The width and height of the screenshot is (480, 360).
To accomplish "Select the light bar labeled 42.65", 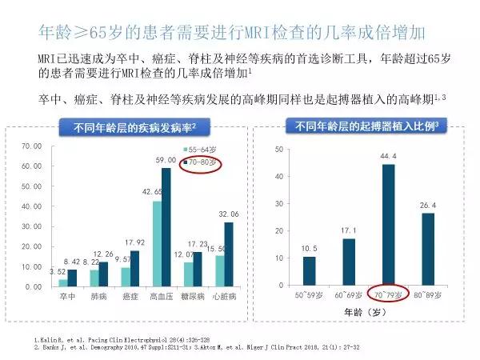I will (x=156, y=243).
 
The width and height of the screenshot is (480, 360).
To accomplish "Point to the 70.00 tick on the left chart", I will (x=32, y=146).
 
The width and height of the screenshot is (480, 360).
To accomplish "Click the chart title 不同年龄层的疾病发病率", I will (x=133, y=127).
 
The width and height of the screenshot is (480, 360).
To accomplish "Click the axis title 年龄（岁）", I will (x=367, y=314).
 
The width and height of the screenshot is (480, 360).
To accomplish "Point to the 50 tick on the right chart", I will (x=277, y=150).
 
